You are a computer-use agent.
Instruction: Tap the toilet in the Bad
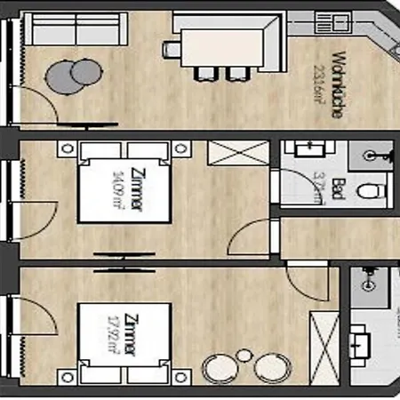[x=372, y=189]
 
